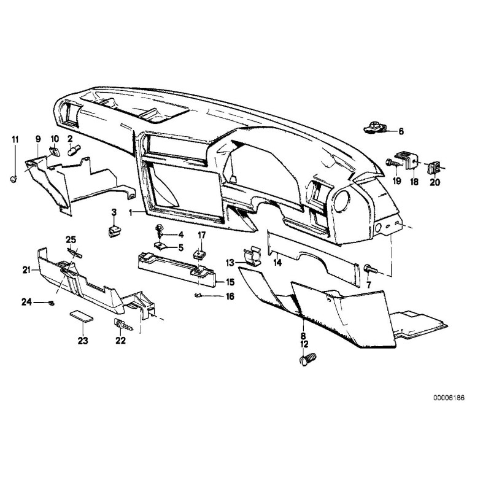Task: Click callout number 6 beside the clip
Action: (x=401, y=131)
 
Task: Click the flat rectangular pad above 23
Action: (x=80, y=315)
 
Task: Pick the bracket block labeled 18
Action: (x=407, y=160)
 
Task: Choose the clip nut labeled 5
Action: (x=160, y=247)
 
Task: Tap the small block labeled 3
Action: (x=114, y=231)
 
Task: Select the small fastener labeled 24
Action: (x=52, y=303)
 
